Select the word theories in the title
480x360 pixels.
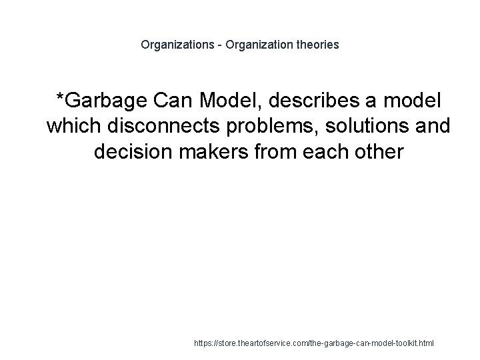[x=317, y=45]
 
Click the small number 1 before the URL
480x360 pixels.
[x=189, y=343]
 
